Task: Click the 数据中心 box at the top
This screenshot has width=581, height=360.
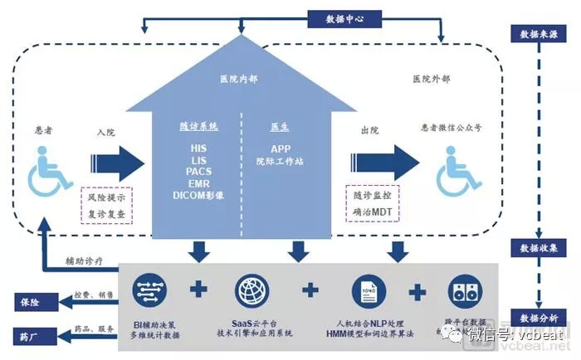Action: (x=343, y=17)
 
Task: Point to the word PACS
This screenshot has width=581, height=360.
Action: (x=198, y=172)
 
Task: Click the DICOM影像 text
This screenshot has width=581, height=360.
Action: (x=198, y=195)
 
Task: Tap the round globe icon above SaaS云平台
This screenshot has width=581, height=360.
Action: (x=253, y=290)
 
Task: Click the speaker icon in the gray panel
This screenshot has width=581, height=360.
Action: (x=465, y=291)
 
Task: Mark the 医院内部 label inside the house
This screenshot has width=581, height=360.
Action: (x=239, y=79)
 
